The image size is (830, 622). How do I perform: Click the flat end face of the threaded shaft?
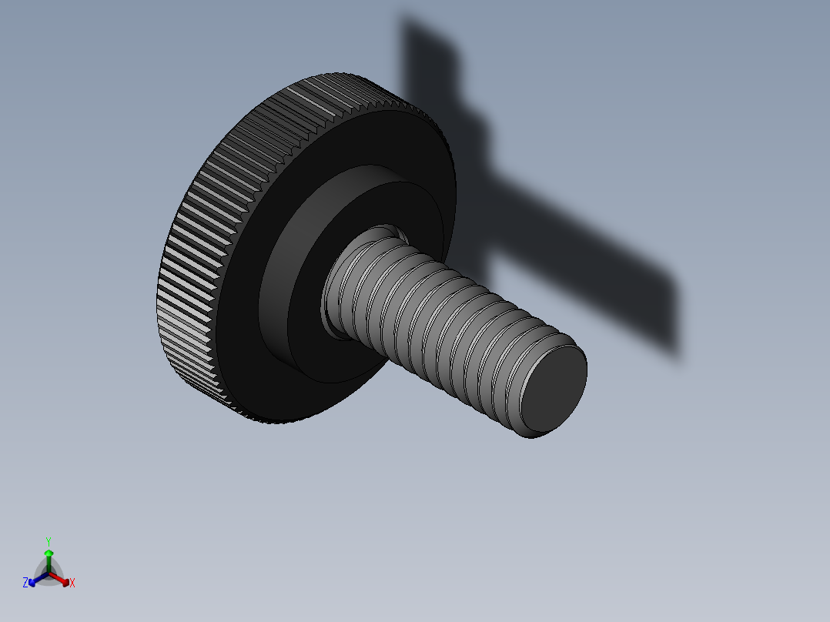pyautogui.click(x=554, y=388)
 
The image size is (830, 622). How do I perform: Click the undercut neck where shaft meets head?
pyautogui.click(x=333, y=308)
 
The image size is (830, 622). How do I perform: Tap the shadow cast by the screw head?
pyautogui.click(x=431, y=62)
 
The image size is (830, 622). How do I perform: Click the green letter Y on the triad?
pyautogui.click(x=48, y=541)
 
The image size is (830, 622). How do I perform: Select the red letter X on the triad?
pyautogui.click(x=72, y=584)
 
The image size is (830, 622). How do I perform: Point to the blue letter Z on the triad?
pyautogui.click(x=25, y=584)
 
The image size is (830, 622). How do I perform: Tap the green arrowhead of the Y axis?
pyautogui.click(x=48, y=553)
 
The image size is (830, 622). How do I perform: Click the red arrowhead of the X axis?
pyautogui.click(x=65, y=581)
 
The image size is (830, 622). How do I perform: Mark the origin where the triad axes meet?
pyautogui.click(x=49, y=573)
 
